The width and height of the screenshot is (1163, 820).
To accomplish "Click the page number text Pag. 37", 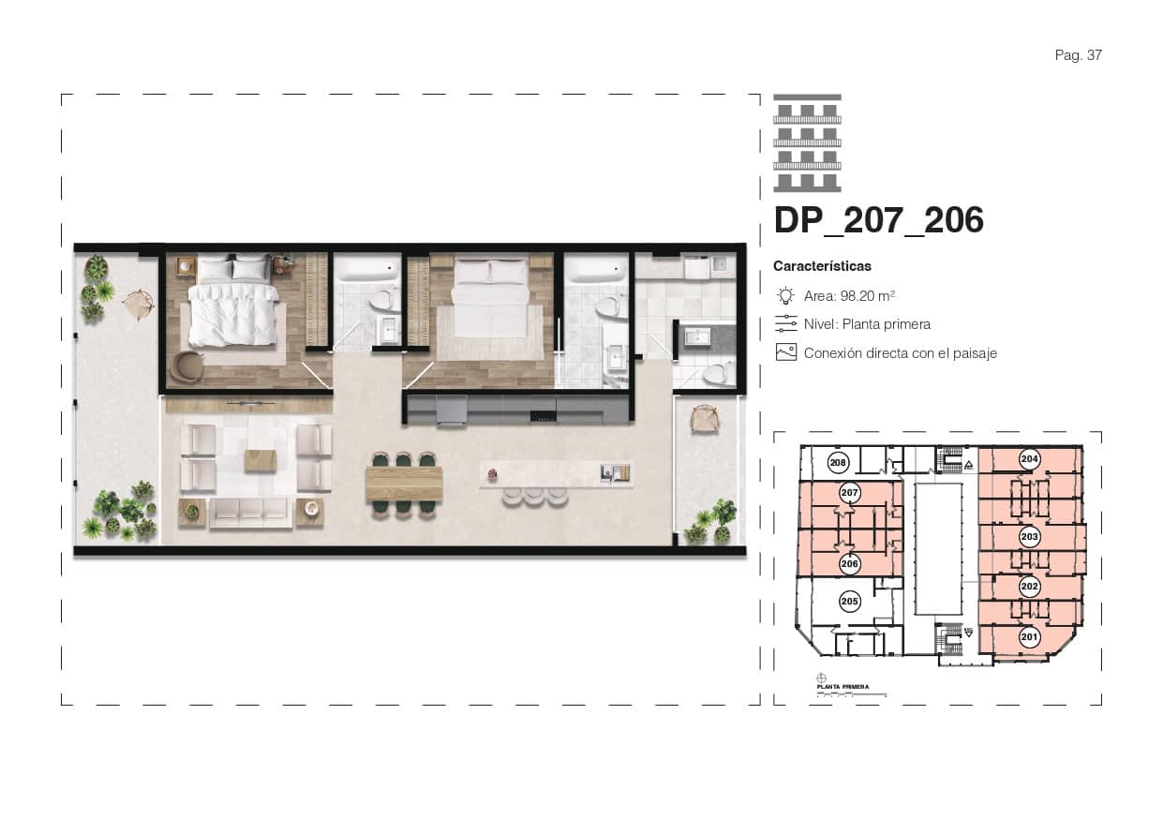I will [x=1078, y=55].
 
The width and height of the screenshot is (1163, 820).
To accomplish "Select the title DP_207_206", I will [x=878, y=220].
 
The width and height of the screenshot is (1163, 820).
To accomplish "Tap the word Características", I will [x=822, y=266].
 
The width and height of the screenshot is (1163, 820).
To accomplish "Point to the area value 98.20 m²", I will [x=868, y=296].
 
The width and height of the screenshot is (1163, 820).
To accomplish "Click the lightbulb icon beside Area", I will [x=785, y=296].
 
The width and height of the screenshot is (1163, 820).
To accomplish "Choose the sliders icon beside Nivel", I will [x=785, y=324].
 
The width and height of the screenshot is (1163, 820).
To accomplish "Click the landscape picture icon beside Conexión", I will [x=785, y=353].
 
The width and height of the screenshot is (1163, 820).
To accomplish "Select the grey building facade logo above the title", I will [x=807, y=142].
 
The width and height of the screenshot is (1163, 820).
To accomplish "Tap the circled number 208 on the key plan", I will [x=839, y=463].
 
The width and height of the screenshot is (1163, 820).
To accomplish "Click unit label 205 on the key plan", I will [x=850, y=601].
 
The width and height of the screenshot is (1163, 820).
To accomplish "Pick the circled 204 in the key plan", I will [x=1029, y=459].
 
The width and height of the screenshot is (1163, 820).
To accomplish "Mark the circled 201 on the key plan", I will [x=1029, y=638].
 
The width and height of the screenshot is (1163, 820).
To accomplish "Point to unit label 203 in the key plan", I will [x=1029, y=537].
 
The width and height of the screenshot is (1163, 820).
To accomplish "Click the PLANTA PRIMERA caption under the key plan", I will [x=842, y=687].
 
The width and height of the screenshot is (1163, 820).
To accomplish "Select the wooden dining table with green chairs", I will [x=404, y=484].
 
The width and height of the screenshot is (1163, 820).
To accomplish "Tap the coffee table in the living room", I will [x=261, y=459].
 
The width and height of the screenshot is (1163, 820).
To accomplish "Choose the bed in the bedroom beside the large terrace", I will [x=233, y=306].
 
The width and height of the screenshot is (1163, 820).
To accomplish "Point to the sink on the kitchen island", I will [x=608, y=472].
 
